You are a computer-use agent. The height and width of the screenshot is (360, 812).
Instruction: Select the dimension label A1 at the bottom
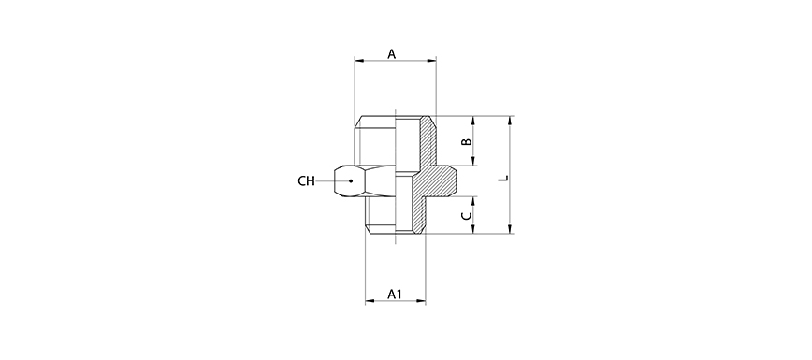[395, 295]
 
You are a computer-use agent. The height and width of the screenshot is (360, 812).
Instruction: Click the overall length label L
[503, 176]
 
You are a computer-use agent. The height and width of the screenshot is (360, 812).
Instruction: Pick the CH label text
[306, 180]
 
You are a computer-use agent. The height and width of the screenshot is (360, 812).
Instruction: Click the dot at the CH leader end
[350, 180]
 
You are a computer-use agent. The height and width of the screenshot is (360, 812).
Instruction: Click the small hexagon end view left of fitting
[347, 180]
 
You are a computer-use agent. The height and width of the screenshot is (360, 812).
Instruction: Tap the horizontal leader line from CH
[332, 180]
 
